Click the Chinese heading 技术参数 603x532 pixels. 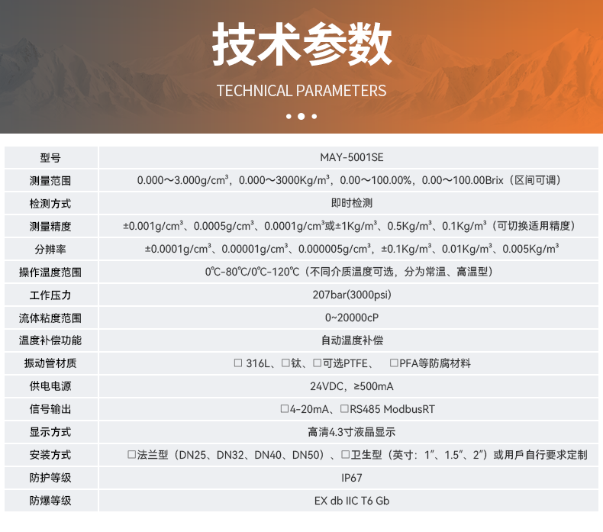click(301, 44)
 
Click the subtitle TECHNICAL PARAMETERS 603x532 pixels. click(301, 91)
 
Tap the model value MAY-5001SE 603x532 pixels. click(351, 158)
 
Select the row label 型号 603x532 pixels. click(50, 158)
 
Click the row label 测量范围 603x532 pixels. click(50, 181)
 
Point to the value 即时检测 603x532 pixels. click(351, 204)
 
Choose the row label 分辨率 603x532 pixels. click(50, 249)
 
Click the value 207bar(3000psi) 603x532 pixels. click(351, 295)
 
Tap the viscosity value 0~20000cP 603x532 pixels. click(351, 318)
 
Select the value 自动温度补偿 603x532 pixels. click(351, 340)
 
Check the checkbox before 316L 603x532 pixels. click(238, 363)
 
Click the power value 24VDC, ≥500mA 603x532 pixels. click(351, 386)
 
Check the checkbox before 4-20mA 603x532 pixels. click(284, 409)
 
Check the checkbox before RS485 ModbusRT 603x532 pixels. click(344, 409)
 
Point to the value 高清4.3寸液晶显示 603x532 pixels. click(351, 432)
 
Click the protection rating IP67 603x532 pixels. click(351, 478)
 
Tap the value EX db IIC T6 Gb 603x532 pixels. click(351, 501)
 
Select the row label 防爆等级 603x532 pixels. click(50, 501)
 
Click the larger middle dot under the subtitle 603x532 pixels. click(301, 117)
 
